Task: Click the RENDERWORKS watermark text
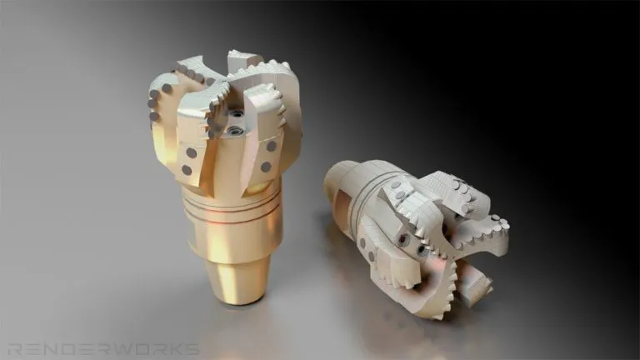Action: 103,349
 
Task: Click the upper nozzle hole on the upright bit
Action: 237,114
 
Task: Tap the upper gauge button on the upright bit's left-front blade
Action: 192,153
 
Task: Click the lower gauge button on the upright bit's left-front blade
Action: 187,170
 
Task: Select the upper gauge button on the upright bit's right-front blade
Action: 272,146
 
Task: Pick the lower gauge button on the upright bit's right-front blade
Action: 266,167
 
